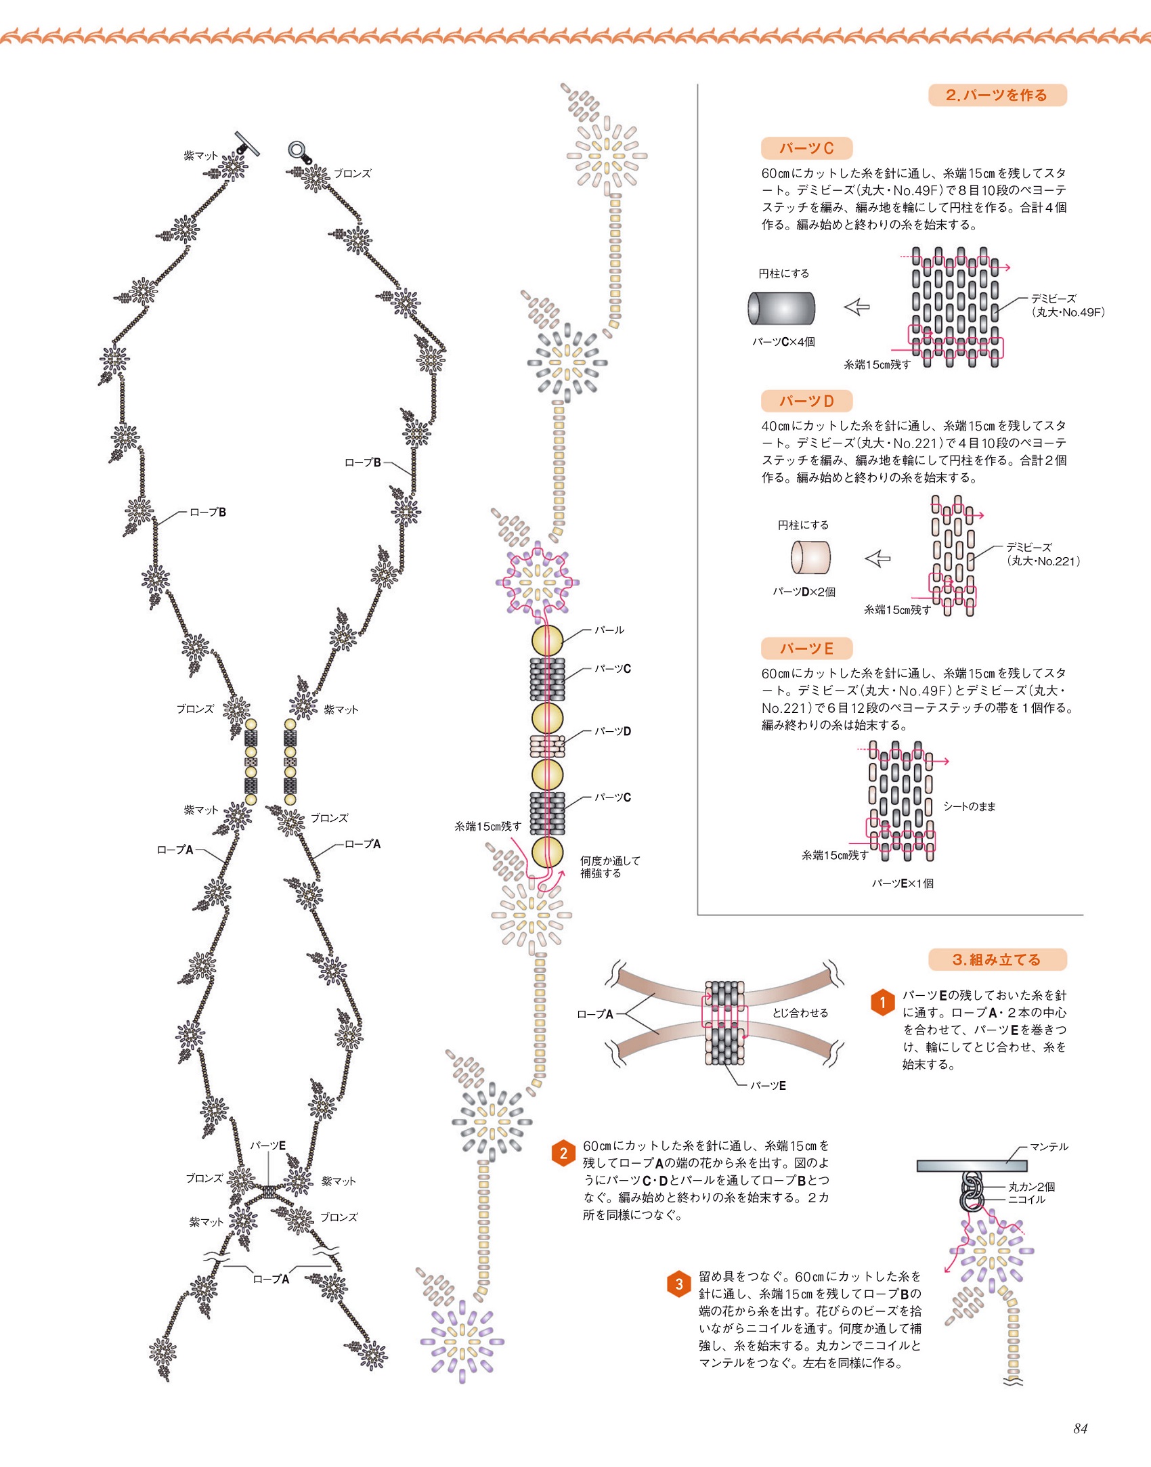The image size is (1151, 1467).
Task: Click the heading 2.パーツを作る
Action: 997,95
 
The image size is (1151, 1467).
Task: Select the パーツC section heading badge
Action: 806,148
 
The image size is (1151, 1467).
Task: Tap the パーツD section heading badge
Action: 806,401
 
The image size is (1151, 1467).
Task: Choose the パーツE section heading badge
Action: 806,649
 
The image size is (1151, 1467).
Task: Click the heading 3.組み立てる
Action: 997,959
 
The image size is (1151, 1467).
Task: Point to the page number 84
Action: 1080,1428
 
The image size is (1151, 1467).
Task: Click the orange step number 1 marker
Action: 882,1003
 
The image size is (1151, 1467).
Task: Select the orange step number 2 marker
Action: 563,1153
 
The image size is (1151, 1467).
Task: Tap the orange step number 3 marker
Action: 679,1284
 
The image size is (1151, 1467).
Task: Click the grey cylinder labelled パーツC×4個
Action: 781,308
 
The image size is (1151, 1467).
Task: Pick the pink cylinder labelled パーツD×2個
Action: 810,558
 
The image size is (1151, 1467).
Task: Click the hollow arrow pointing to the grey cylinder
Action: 856,307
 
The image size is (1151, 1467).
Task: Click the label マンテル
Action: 1049,1147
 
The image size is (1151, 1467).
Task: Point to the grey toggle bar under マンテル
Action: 972,1166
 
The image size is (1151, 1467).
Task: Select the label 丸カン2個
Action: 1031,1187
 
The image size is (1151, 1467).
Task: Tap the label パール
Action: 609,630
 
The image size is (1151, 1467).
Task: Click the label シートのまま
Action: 970,806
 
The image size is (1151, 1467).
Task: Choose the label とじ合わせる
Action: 800,1013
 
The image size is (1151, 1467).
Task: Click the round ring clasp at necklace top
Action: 297,150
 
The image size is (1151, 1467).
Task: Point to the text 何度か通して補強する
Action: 609,867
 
